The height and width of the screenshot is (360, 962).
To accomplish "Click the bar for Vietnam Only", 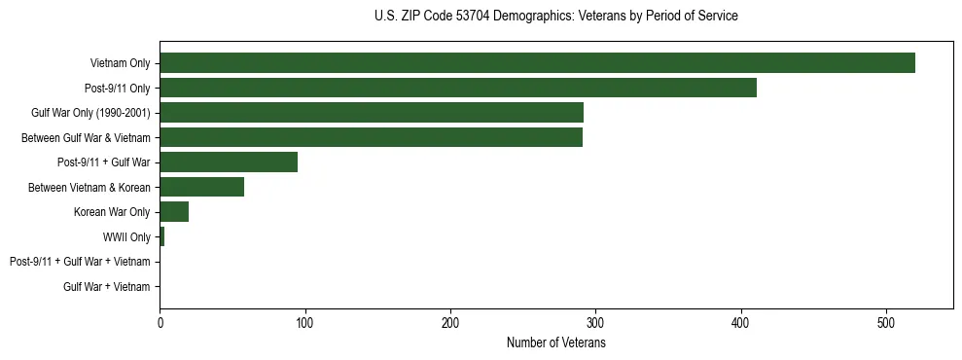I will click(537, 63).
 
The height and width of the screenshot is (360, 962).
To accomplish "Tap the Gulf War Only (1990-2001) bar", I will click(372, 113).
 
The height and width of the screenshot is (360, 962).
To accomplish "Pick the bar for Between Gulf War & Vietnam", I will click(371, 137).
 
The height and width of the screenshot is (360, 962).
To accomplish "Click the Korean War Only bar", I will click(174, 212).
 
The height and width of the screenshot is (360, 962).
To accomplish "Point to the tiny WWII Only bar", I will click(161, 236).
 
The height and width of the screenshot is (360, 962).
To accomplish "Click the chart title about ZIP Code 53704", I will click(555, 17).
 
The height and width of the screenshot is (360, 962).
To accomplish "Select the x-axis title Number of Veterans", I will click(555, 343).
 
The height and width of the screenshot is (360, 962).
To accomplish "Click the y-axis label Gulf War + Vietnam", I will click(107, 286).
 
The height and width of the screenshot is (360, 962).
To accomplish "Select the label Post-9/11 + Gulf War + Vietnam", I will click(80, 262).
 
